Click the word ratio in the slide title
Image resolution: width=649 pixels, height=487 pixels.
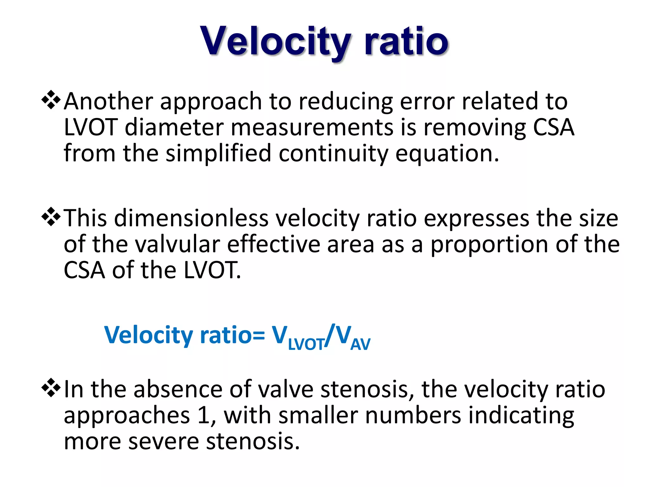pyautogui.click(x=406, y=41)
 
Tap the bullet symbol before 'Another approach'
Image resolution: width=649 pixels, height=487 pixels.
pyautogui.click(x=51, y=101)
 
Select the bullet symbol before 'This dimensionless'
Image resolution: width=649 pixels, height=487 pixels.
pyautogui.click(x=51, y=218)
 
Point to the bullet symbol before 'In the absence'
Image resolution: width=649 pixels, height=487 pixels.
pyautogui.click(x=51, y=388)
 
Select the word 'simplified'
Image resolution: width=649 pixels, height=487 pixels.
pyautogui.click(x=218, y=153)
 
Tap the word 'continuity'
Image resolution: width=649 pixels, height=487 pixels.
pyautogui.click(x=333, y=154)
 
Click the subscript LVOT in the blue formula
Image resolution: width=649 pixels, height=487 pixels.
pyautogui.click(x=306, y=344)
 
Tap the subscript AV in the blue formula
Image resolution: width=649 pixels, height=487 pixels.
pyautogui.click(x=360, y=344)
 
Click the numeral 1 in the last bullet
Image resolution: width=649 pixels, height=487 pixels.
pyautogui.click(x=203, y=415)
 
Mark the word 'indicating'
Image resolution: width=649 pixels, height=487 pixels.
pyautogui.click(x=521, y=416)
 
